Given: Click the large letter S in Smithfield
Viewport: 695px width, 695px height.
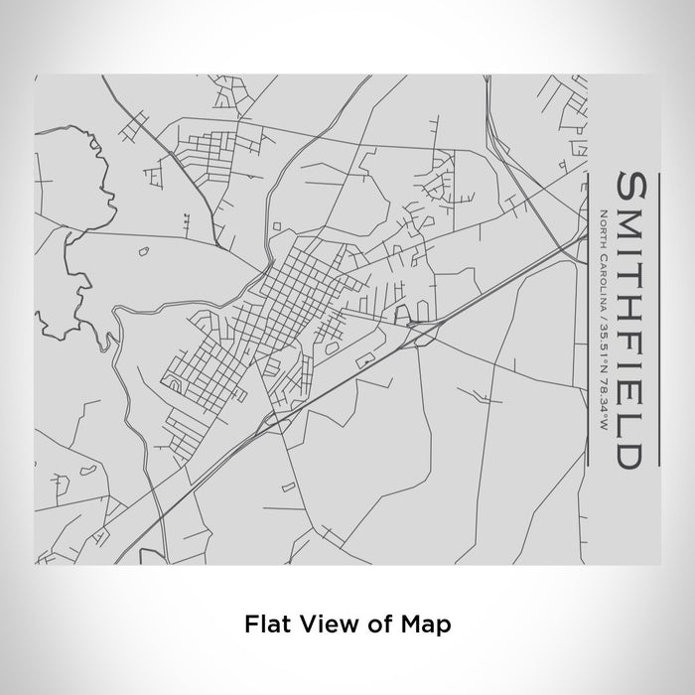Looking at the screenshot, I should click(x=636, y=186).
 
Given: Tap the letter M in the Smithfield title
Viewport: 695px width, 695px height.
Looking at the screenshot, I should click(x=636, y=222).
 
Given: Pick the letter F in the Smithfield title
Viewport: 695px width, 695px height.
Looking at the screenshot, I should click(x=636, y=347).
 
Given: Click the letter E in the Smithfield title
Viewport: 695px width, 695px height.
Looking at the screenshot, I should click(x=636, y=393).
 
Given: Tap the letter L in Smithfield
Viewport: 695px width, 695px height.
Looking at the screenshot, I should click(x=636, y=422).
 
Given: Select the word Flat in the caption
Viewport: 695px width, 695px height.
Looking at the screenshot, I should click(x=263, y=625).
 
